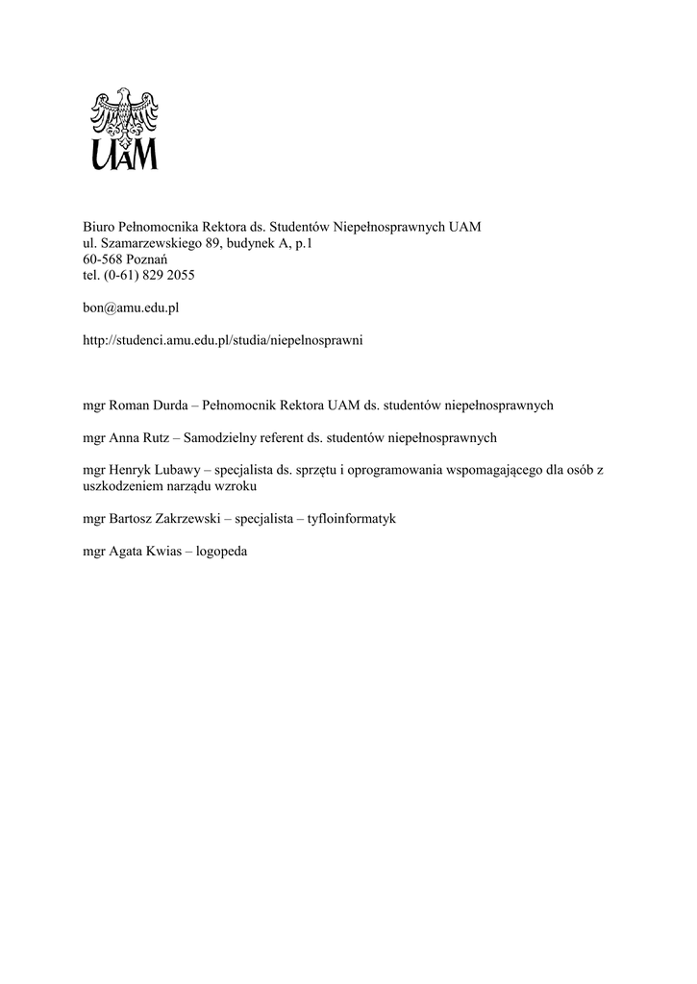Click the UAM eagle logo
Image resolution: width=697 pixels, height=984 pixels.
[124, 129]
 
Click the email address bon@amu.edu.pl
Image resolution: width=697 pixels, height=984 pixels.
[132, 307]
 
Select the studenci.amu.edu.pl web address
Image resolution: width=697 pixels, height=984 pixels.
[223, 340]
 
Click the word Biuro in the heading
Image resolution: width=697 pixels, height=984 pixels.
[99, 227]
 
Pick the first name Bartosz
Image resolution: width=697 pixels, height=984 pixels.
[132, 518]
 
